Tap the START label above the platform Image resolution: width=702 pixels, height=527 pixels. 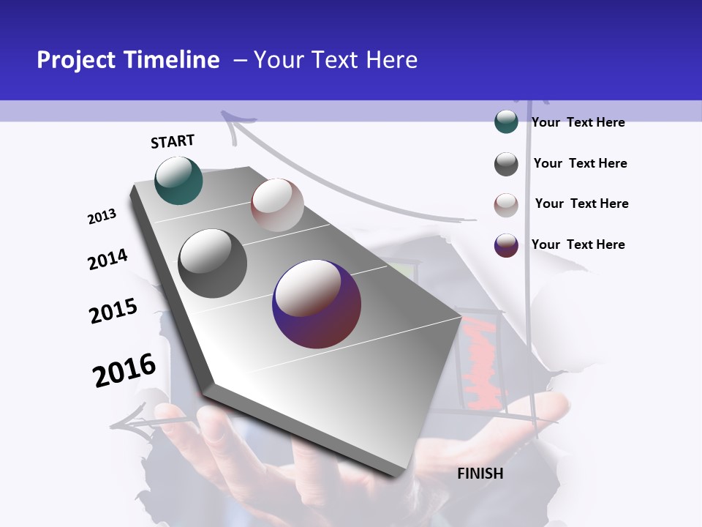click(x=173, y=141)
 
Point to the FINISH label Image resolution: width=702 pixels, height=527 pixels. click(x=480, y=474)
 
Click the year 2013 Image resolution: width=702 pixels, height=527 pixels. click(x=102, y=217)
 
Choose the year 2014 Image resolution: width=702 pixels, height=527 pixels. click(x=107, y=259)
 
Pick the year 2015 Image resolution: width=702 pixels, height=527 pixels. click(x=113, y=311)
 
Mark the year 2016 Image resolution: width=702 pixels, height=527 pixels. click(x=124, y=370)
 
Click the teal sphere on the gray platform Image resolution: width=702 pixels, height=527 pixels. click(x=178, y=180)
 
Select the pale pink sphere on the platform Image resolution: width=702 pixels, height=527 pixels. click(x=277, y=205)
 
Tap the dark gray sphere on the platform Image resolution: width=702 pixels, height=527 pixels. click(x=212, y=263)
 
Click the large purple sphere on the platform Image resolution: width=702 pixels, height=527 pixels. click(x=317, y=304)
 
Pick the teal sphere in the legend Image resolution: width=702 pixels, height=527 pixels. click(x=506, y=122)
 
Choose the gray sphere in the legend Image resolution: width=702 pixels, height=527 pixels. click(x=506, y=164)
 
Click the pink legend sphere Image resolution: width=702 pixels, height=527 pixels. click(x=506, y=205)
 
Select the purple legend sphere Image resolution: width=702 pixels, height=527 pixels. click(x=506, y=245)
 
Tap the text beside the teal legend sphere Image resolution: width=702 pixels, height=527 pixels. click(x=578, y=122)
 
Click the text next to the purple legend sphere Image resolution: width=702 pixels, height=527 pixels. click(x=578, y=244)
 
